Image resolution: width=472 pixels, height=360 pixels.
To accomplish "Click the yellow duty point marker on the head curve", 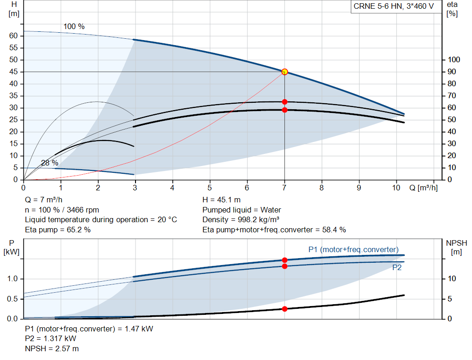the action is click(284, 71).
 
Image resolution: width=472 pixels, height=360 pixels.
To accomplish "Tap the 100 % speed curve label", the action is click(74, 26).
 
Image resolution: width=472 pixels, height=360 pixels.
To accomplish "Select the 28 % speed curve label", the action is click(49, 163).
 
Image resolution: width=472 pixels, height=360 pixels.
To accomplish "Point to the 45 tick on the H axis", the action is click(13, 71).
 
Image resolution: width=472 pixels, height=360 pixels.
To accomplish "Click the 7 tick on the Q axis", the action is click(284, 188).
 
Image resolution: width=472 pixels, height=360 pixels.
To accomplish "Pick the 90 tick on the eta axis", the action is click(452, 71).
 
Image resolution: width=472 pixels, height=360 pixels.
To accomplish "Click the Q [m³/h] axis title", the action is click(423, 188).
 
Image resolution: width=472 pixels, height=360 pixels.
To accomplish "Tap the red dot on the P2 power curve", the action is click(284, 266).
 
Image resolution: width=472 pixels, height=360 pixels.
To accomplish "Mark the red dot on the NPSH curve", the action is click(284, 309).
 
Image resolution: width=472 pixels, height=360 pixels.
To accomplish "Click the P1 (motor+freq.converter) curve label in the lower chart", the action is click(354, 249).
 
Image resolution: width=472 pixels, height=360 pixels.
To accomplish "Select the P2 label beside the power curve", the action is click(397, 268).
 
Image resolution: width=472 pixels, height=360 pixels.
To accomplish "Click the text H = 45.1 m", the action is click(221, 200).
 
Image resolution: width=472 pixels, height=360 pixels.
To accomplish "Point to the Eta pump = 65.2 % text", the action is click(58, 230).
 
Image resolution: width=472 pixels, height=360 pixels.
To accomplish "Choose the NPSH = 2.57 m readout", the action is click(52, 348).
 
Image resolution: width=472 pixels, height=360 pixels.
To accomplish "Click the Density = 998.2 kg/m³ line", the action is click(241, 220).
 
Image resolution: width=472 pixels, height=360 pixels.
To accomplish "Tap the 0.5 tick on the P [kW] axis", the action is click(12, 299).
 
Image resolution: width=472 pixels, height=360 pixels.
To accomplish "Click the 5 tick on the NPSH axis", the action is click(450, 299).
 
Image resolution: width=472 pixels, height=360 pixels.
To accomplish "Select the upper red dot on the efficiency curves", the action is click(284, 102).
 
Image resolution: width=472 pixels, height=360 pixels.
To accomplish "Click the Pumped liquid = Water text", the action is click(242, 210).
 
